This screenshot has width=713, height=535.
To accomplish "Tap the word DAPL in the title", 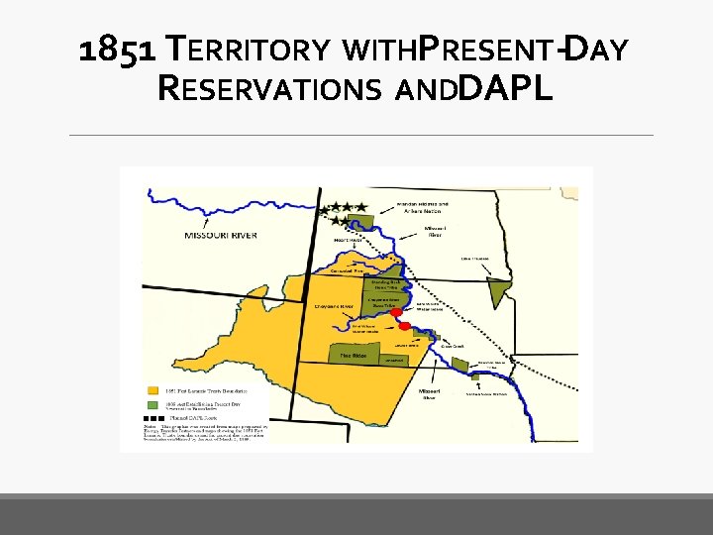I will tap(507, 89).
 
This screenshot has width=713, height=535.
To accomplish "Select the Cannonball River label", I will tap(347, 270).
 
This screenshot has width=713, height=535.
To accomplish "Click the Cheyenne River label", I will tap(335, 307).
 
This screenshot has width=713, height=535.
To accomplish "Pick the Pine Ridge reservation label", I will tap(354, 353).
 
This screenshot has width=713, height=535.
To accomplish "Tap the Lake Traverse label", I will tap(477, 260).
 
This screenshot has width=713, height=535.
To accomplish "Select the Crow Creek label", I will tap(454, 345).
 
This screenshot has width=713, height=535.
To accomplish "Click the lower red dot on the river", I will tap(404, 325).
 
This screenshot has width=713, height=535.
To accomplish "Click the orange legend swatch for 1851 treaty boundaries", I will tap(153, 389).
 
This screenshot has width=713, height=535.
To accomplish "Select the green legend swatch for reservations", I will tap(153, 404).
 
